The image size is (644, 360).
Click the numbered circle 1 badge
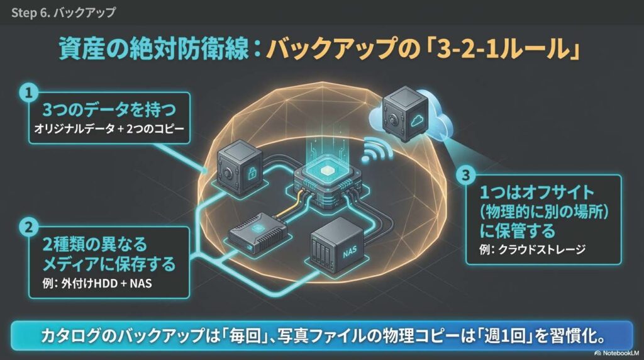pos(28,93)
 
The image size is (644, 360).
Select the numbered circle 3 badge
pos(466,176)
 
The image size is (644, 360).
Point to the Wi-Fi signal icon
pos(375,151)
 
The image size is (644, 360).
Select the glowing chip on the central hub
pos(327,171)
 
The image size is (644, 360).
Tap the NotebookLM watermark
pos(617,353)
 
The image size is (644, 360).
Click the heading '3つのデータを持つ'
pos(109,110)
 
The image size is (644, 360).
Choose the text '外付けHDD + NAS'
pos(106,283)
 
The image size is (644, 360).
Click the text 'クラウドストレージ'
pos(541,249)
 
